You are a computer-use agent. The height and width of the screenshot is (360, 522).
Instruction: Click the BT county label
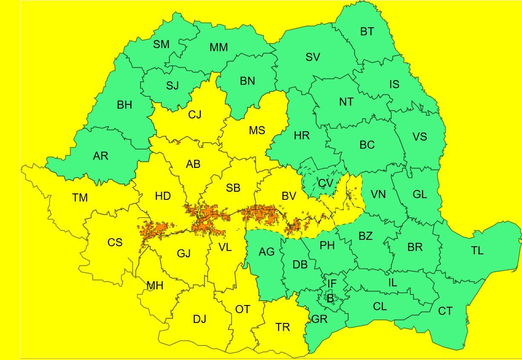[367, 32]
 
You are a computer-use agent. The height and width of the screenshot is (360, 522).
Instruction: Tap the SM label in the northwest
[161, 44]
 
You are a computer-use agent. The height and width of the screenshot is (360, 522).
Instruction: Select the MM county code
[218, 48]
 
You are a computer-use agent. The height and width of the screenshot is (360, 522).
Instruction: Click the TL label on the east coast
[477, 251]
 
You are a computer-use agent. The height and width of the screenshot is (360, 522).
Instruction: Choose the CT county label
[445, 311]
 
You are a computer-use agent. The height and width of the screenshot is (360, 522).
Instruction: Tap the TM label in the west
[80, 198]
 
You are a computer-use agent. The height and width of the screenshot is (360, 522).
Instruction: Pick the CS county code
[115, 243]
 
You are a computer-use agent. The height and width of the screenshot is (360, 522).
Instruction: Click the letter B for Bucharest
[330, 299]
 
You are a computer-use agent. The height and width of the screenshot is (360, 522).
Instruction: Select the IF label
[332, 284]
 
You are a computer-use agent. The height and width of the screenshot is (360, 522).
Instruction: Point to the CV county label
[325, 183]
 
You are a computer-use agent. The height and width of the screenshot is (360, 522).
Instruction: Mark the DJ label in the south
[200, 319]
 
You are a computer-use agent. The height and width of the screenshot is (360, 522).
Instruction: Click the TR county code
[283, 327]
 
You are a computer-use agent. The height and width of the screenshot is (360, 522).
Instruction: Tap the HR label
[301, 136]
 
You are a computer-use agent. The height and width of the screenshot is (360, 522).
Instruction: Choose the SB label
[233, 188]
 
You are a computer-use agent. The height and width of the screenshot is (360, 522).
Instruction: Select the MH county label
[155, 286]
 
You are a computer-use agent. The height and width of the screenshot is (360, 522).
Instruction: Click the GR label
[319, 319]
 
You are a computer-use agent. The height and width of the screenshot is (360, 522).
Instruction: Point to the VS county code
[419, 137]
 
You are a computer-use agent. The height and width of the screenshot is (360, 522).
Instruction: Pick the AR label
[101, 156]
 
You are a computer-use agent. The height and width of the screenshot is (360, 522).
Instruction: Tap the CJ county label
[195, 115]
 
